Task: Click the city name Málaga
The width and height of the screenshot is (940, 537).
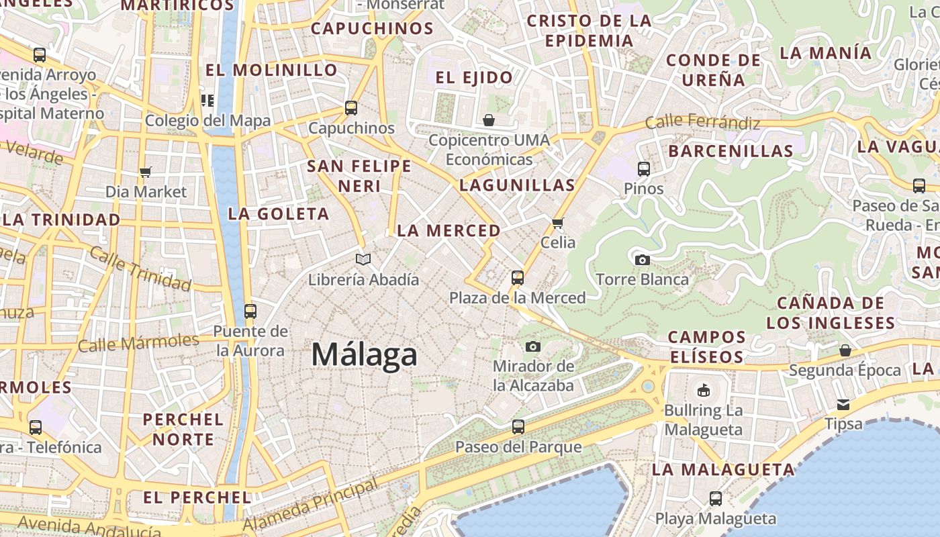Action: [364, 354]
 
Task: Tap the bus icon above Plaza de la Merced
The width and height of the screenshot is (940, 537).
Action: [517, 277]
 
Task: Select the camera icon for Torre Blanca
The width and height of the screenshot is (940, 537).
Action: [642, 260]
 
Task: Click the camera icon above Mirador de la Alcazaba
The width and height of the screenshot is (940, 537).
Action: [533, 346]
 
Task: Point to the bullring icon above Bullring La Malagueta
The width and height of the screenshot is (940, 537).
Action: [703, 390]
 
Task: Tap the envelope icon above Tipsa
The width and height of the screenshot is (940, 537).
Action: [843, 405]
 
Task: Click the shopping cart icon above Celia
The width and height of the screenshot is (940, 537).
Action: [557, 223]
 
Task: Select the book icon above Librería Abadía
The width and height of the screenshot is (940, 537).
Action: [363, 259]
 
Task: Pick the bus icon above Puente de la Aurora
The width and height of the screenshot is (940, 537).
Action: [250, 311]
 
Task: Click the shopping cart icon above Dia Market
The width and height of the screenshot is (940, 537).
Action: [146, 172]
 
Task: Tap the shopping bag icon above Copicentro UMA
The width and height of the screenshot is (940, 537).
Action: [489, 120]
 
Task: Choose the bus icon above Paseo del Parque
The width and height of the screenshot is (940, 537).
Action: [518, 426]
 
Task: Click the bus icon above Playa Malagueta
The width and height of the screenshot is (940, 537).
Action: [716, 498]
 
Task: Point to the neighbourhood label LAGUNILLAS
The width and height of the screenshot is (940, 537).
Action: [517, 185]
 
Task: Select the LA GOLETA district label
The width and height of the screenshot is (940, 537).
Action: [279, 214]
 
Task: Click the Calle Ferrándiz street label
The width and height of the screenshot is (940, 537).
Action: [702, 123]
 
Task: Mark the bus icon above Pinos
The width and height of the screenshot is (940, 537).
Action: [643, 168]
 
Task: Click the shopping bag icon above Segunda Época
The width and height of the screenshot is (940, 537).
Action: [845, 350]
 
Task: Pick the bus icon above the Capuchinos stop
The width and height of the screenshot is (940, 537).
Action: [350, 107]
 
